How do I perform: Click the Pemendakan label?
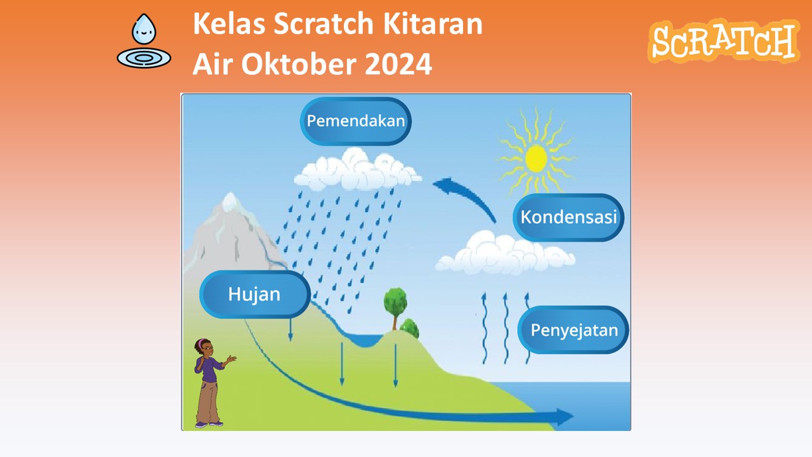[356, 121]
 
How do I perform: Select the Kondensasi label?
[568, 217]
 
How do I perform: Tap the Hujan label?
[255, 294]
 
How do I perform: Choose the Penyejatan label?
[573, 329]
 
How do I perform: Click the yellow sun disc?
[536, 159]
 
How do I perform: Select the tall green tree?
[395, 308]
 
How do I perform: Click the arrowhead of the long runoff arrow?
[565, 417]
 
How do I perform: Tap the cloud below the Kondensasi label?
[504, 253]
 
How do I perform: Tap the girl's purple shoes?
[209, 423]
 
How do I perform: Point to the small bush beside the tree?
[410, 328]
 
